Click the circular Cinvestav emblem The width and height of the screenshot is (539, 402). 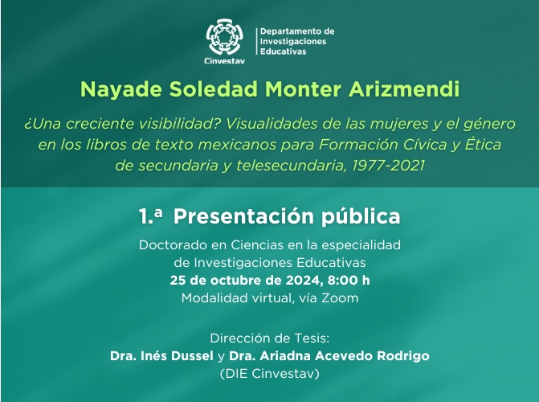pyautogui.click(x=224, y=37)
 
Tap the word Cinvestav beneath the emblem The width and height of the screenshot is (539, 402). pyautogui.click(x=224, y=61)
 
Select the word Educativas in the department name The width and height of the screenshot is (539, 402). pyautogui.click(x=283, y=51)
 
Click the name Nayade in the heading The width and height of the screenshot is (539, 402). pyautogui.click(x=121, y=89)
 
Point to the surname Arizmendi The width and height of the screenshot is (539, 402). pyautogui.click(x=404, y=89)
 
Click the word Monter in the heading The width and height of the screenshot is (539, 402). pyautogui.click(x=303, y=89)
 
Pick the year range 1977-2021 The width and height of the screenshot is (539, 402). pyautogui.click(x=389, y=166)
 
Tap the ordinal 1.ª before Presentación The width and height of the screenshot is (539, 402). pyautogui.click(x=150, y=217)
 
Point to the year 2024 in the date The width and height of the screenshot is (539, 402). pyautogui.click(x=304, y=281)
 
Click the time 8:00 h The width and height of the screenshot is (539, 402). pyautogui.click(x=349, y=281)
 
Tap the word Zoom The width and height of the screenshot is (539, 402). pyautogui.click(x=340, y=298)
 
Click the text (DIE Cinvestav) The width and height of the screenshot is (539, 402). pyautogui.click(x=270, y=374)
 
